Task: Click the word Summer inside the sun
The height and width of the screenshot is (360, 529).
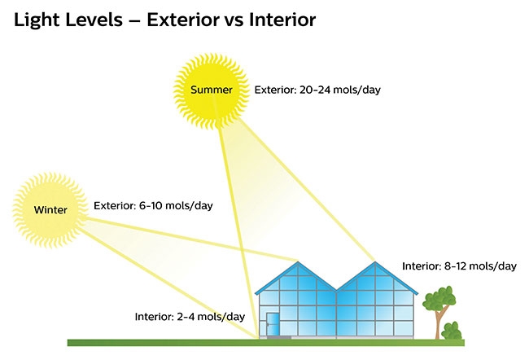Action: (x=212, y=90)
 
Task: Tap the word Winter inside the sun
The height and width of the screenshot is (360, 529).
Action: (x=50, y=210)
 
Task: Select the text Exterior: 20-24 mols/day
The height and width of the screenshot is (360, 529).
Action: (x=317, y=90)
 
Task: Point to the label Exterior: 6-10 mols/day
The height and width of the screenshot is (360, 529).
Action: (x=153, y=206)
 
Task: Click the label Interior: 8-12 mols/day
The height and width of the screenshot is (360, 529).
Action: (x=459, y=266)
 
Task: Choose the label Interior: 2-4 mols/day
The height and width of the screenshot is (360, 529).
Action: (x=190, y=317)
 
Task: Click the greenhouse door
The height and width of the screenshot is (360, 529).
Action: (x=272, y=324)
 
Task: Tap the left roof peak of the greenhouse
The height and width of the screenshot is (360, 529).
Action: (x=298, y=262)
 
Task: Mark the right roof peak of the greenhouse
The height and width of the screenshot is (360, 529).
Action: (x=375, y=262)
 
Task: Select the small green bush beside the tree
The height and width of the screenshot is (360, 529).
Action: (x=452, y=331)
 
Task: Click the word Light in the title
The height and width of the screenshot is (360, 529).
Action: (x=37, y=20)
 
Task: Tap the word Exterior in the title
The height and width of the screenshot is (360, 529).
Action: (x=183, y=20)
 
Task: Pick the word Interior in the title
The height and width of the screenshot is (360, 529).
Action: (x=282, y=20)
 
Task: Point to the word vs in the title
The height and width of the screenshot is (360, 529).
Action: (x=234, y=22)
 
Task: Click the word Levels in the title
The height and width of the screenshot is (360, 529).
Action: (x=94, y=20)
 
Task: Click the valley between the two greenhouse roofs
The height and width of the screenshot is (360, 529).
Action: (x=336, y=291)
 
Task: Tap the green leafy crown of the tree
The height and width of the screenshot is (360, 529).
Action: (x=439, y=298)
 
